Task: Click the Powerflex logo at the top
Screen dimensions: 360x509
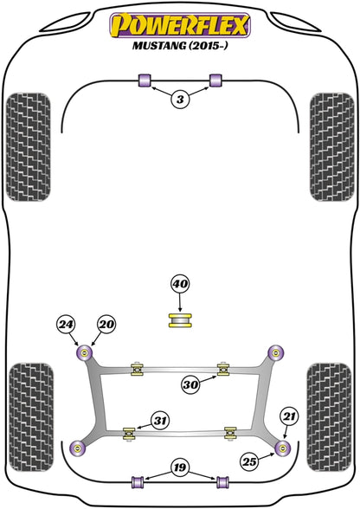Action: tap(180, 25)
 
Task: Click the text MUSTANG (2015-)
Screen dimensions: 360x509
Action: tap(180, 45)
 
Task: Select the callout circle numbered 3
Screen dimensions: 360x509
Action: tap(180, 99)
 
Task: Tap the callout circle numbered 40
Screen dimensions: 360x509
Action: tap(180, 284)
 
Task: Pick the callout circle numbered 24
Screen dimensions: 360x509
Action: tap(66, 324)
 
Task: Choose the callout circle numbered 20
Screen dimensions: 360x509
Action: tap(106, 324)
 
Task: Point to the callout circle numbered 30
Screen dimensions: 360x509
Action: tap(190, 385)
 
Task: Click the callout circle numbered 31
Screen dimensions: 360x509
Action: tap(160, 422)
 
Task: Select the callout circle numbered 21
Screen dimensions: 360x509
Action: tap(290, 416)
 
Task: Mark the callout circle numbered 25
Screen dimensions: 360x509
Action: tap(249, 461)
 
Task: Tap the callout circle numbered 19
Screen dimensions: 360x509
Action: tap(180, 467)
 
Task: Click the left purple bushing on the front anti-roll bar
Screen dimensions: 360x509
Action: tap(145, 81)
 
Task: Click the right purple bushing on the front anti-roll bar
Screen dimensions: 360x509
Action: tap(215, 81)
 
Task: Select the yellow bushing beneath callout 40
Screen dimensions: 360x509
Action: tap(180, 319)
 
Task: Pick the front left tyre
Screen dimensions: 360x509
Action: tap(29, 147)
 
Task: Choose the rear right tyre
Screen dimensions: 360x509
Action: tap(329, 417)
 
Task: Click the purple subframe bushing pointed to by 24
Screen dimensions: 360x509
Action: tap(85, 353)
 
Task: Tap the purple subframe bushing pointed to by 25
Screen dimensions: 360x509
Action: tap(282, 448)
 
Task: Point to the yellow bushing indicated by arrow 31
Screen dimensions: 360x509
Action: tap(129, 434)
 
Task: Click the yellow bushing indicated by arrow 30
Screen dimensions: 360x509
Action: tap(223, 370)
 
